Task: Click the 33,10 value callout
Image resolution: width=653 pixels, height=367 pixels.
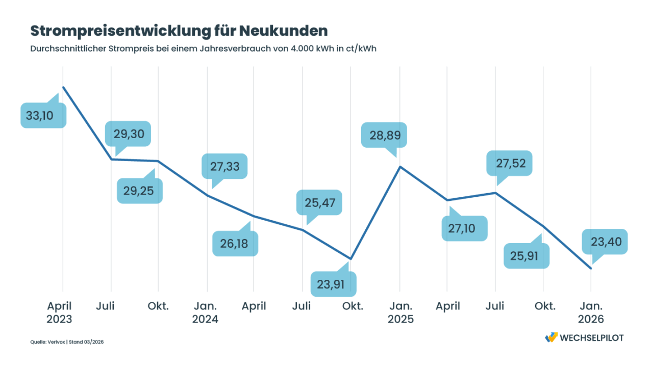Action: pyautogui.click(x=43, y=116)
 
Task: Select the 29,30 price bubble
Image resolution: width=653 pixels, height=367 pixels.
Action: pyautogui.click(x=128, y=135)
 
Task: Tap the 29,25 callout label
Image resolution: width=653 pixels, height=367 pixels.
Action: pyautogui.click(x=140, y=191)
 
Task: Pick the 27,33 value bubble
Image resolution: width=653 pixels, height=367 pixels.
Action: pyautogui.click(x=224, y=166)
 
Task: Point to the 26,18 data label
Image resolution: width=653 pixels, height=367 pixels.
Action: pyautogui.click(x=235, y=244)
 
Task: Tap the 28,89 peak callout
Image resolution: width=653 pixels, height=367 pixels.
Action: pyautogui.click(x=384, y=135)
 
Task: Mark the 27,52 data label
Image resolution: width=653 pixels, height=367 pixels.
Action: pyautogui.click(x=509, y=164)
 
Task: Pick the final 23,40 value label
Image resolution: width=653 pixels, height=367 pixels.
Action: pyautogui.click(x=606, y=242)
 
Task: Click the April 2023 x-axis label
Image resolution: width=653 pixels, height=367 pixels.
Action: pyautogui.click(x=60, y=312)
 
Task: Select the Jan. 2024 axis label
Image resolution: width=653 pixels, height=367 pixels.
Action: pyautogui.click(x=205, y=312)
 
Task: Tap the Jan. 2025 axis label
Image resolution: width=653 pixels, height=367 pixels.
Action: pyautogui.click(x=400, y=312)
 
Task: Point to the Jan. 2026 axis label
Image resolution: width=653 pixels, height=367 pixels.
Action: pyautogui.click(x=591, y=312)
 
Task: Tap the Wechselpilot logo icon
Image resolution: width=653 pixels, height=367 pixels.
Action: pyautogui.click(x=551, y=337)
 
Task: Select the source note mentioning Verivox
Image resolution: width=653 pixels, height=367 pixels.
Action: pyautogui.click(x=67, y=342)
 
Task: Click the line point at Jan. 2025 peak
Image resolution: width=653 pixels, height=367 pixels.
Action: pyautogui.click(x=400, y=167)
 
